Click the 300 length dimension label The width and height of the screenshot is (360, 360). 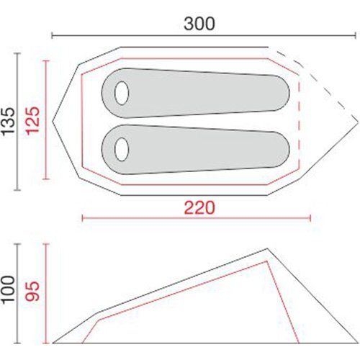(199, 24)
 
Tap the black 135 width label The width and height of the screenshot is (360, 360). (9, 122)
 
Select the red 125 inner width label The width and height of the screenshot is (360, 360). (32, 121)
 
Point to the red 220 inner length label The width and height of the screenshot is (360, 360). (199, 208)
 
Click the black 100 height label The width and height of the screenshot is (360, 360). (9, 290)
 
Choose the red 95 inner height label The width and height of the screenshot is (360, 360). (32, 291)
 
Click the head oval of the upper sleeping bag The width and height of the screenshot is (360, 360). (122, 93)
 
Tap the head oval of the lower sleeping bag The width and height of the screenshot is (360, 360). (122, 149)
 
